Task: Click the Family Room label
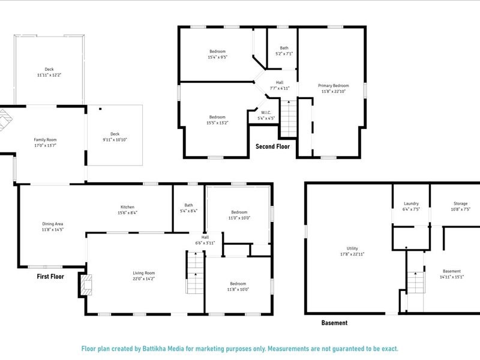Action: tap(49, 140)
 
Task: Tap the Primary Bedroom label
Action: tap(333, 86)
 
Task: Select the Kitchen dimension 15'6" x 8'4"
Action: tap(131, 213)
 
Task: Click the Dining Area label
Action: tap(53, 224)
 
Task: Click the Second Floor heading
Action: tap(272, 146)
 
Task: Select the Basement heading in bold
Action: tap(334, 323)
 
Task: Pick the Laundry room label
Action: tap(411, 203)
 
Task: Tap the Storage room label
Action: tap(460, 203)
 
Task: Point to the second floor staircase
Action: tap(289, 119)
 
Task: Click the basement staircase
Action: tap(416, 282)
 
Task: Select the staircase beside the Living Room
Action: tap(194, 273)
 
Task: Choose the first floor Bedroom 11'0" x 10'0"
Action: tap(239, 215)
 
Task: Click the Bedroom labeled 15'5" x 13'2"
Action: tap(217, 119)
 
